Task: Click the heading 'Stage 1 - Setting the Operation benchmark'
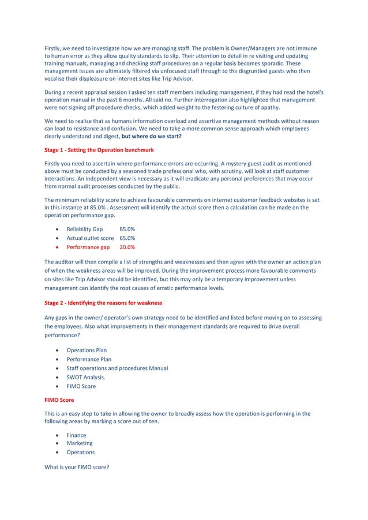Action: pyautogui.click(x=99, y=150)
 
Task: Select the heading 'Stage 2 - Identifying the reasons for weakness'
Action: pyautogui.click(x=103, y=303)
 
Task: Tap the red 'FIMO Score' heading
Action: pyautogui.click(x=60, y=399)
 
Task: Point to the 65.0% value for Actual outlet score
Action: pyautogui.click(x=127, y=238)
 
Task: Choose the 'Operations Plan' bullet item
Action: pyautogui.click(x=87, y=351)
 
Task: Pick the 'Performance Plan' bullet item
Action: pyautogui.click(x=89, y=359)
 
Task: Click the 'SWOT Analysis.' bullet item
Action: pyautogui.click(x=86, y=377)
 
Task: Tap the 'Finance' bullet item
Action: pyautogui.click(x=76, y=435)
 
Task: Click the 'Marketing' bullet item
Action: pyautogui.click(x=79, y=443)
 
